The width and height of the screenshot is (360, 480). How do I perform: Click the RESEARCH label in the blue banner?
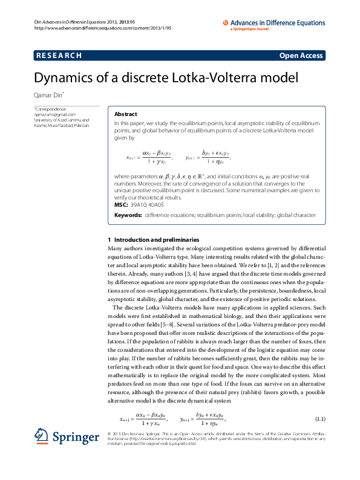[x=59, y=56]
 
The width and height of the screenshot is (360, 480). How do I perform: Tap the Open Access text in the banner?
[x=301, y=56]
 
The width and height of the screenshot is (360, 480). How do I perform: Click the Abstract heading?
[x=126, y=114]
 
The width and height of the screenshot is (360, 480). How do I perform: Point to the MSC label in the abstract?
[x=121, y=205]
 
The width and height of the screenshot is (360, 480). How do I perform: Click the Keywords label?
[x=128, y=215]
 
